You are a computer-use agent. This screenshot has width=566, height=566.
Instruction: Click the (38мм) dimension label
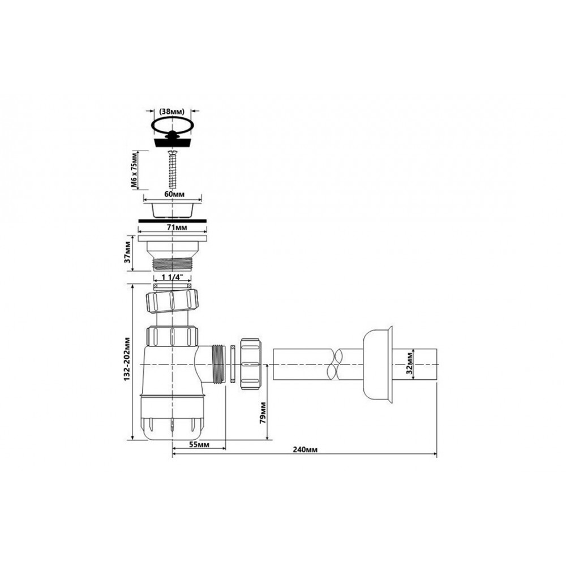(x=172, y=111)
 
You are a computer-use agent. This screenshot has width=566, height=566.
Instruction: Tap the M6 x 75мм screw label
(x=134, y=170)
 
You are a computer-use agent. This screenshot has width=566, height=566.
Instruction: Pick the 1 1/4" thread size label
(x=172, y=277)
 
